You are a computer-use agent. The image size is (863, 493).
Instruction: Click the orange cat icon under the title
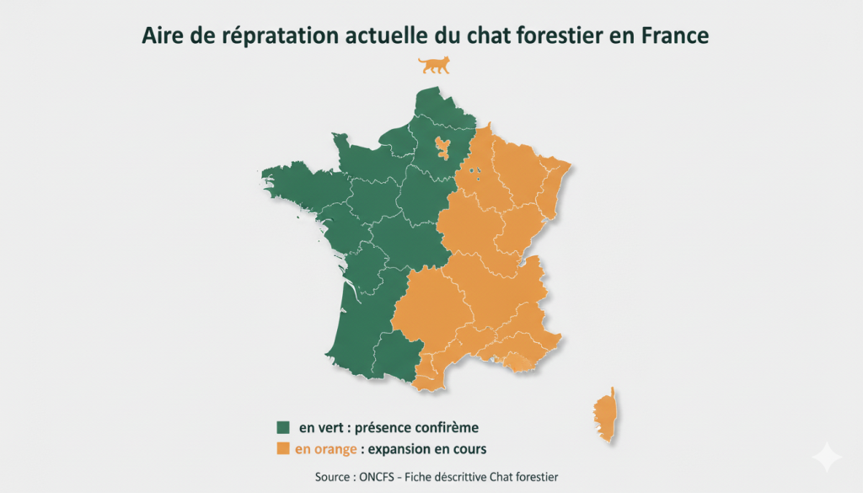435,65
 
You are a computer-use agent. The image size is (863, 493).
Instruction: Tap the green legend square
283,427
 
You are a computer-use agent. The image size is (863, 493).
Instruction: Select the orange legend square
283,447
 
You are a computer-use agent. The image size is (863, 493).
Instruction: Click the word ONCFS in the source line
378,477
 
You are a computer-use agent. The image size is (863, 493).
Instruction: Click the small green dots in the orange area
476,174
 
